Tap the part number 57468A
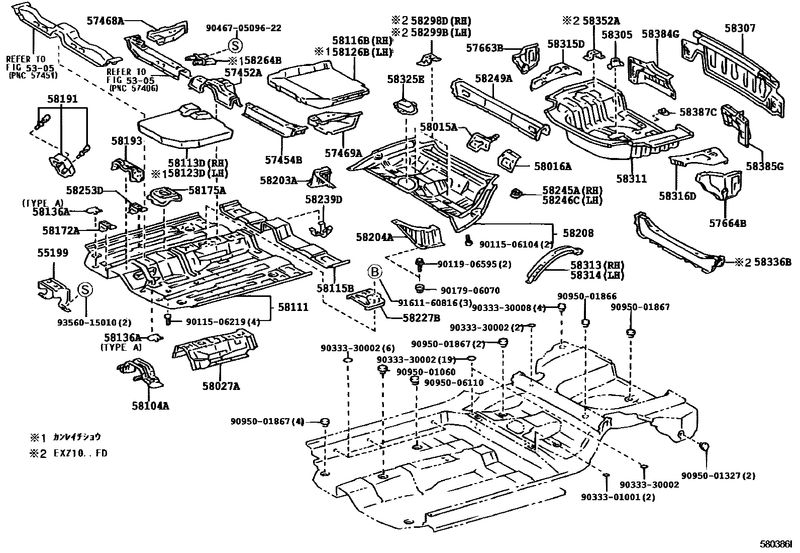(x=104, y=21)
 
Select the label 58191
(x=63, y=99)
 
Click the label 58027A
(x=221, y=386)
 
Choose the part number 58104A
(x=151, y=405)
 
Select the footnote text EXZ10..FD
(x=81, y=453)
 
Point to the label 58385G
(x=764, y=166)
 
